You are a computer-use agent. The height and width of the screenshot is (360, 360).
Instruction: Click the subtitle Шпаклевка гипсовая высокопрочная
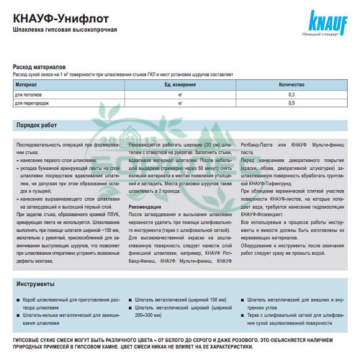64,30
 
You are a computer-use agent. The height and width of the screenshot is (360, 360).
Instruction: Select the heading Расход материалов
42,66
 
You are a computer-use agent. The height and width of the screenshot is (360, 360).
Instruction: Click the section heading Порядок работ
40,125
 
